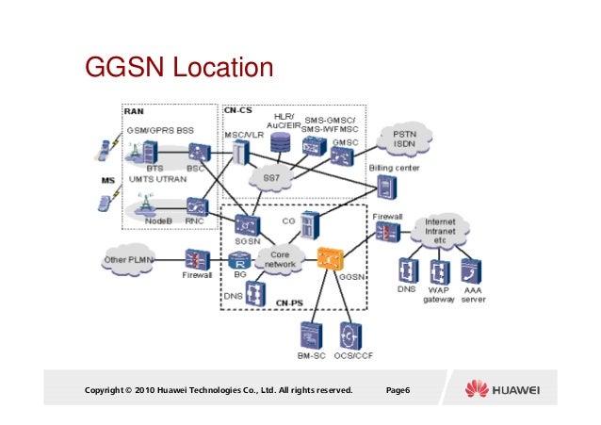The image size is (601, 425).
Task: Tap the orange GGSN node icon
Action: click(x=330, y=256)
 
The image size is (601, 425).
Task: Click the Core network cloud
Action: click(x=280, y=258)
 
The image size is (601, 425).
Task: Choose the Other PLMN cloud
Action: click(x=129, y=258)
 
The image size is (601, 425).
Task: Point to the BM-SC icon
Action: click(x=310, y=335)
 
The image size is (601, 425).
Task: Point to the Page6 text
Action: click(x=398, y=389)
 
